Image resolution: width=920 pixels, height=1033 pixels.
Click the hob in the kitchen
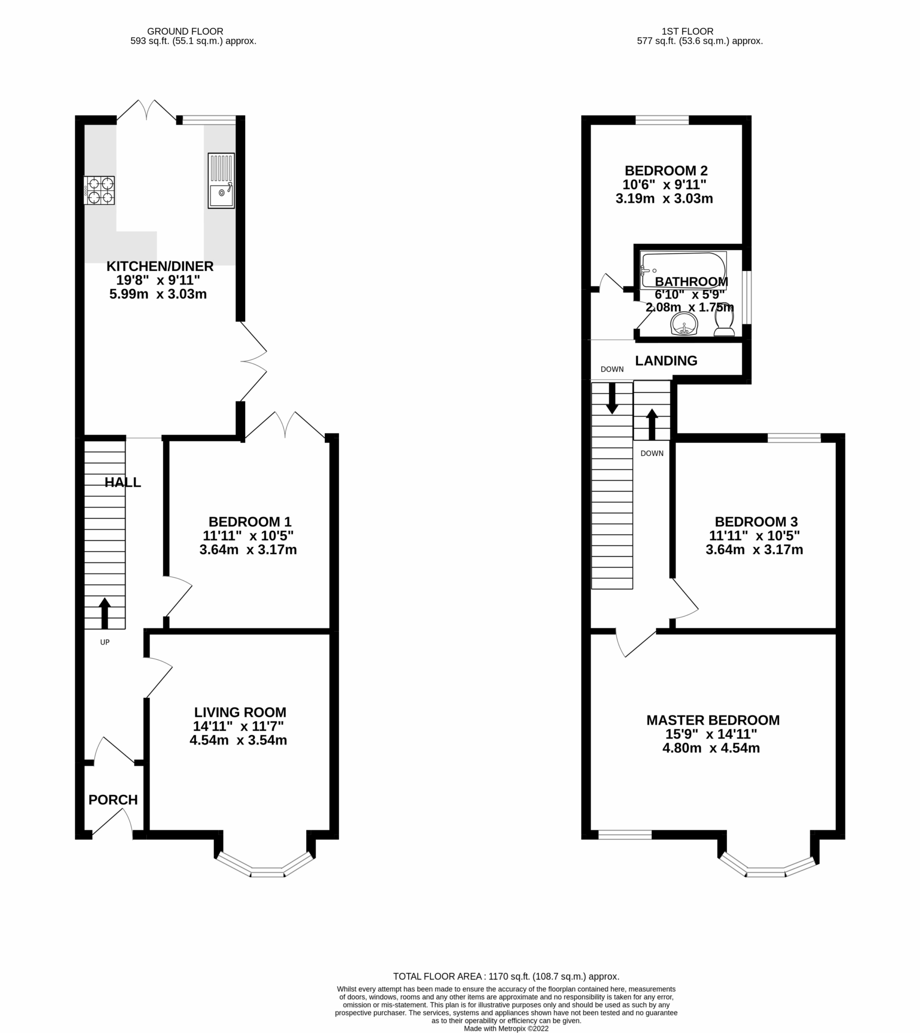pyautogui.click(x=99, y=190)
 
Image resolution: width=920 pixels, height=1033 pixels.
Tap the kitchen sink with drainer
pyautogui.click(x=221, y=181)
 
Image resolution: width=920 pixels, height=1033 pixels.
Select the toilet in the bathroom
pyautogui.click(x=724, y=319)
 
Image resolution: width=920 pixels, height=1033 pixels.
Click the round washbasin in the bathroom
pyautogui.click(x=684, y=323)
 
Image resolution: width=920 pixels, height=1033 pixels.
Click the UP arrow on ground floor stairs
pyautogui.click(x=104, y=612)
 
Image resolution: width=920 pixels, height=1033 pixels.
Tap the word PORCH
pyautogui.click(x=112, y=799)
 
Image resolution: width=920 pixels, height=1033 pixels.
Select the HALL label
pyautogui.click(x=123, y=482)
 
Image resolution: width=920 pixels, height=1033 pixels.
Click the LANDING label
pyautogui.click(x=666, y=360)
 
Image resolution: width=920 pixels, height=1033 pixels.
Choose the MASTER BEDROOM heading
pyautogui.click(x=713, y=720)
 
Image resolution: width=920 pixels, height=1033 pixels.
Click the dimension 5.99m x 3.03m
pyautogui.click(x=158, y=294)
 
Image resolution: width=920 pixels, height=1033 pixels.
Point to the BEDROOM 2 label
pyautogui.click(x=666, y=171)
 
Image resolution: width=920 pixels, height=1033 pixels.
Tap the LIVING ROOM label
pyautogui.click(x=240, y=712)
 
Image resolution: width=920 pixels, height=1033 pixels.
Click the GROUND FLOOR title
pyautogui.click(x=185, y=31)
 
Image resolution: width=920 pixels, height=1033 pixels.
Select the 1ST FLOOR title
pyautogui.click(x=687, y=31)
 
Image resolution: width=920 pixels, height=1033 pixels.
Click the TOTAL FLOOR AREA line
pyautogui.click(x=506, y=977)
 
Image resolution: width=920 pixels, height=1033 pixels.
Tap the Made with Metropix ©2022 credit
pyautogui.click(x=506, y=1028)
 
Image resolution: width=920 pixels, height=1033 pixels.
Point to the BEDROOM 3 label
pyautogui.click(x=756, y=522)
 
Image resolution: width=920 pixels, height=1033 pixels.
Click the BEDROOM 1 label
pyautogui.click(x=250, y=522)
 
